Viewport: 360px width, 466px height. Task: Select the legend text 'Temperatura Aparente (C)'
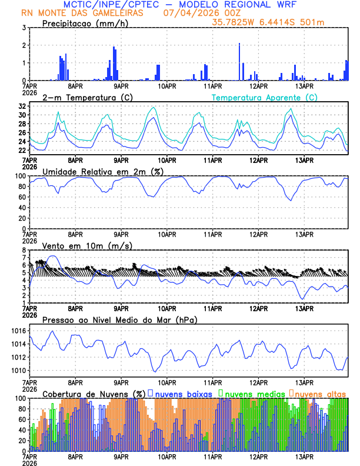pos(264,97)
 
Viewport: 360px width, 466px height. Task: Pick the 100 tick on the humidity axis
pos(21,176)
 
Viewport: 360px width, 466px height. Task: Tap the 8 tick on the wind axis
pos(24,250)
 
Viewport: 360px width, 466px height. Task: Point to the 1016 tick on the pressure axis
pos(19,331)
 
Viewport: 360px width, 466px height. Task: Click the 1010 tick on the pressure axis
pos(19,371)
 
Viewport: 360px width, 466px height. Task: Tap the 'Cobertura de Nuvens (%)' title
pos(94,393)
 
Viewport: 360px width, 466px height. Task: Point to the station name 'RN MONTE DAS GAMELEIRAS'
pos(81,12)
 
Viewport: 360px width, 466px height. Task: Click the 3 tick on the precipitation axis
pos(24,28)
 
